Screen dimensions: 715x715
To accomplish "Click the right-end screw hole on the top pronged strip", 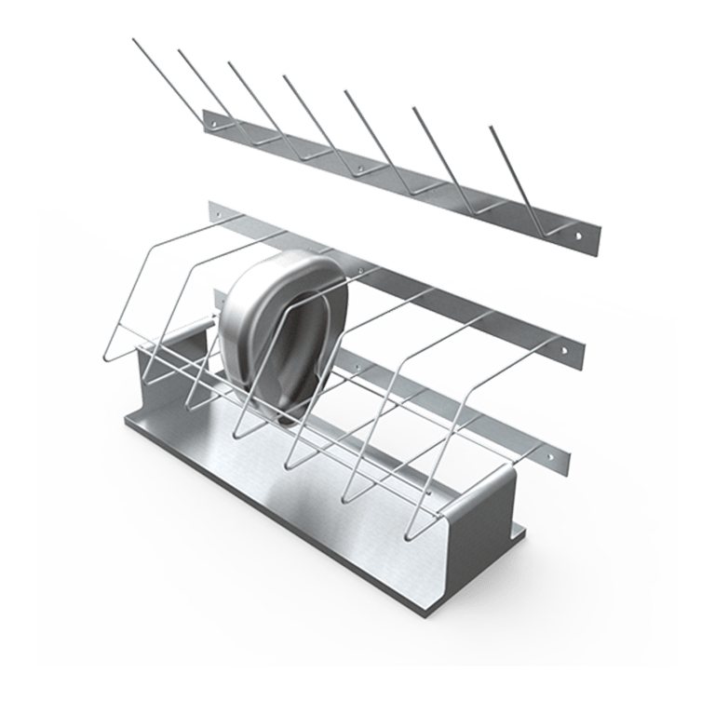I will coord(583,237).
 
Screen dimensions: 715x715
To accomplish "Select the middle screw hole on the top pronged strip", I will coord(358,171).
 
